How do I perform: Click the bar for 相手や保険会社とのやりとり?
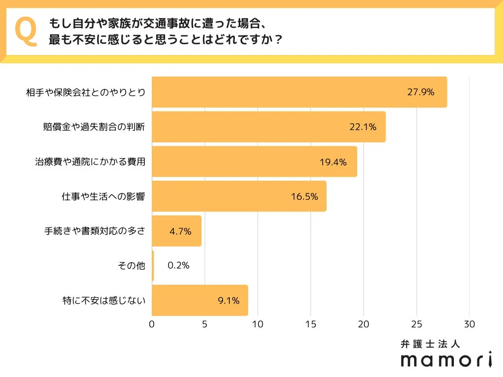299,92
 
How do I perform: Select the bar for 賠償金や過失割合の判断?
268,127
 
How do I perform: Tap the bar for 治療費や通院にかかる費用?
254,162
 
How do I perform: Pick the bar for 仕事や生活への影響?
239,196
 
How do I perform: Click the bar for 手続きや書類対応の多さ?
176,231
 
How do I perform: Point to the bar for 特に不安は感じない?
199,300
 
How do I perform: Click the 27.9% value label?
421,92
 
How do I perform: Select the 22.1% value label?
363,127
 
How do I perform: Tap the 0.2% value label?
178,266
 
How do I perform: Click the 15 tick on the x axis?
310,324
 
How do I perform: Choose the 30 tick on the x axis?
470,324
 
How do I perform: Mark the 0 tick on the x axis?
152,324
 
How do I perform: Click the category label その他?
132,266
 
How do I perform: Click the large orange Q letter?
26,31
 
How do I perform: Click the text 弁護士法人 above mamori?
430,344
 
